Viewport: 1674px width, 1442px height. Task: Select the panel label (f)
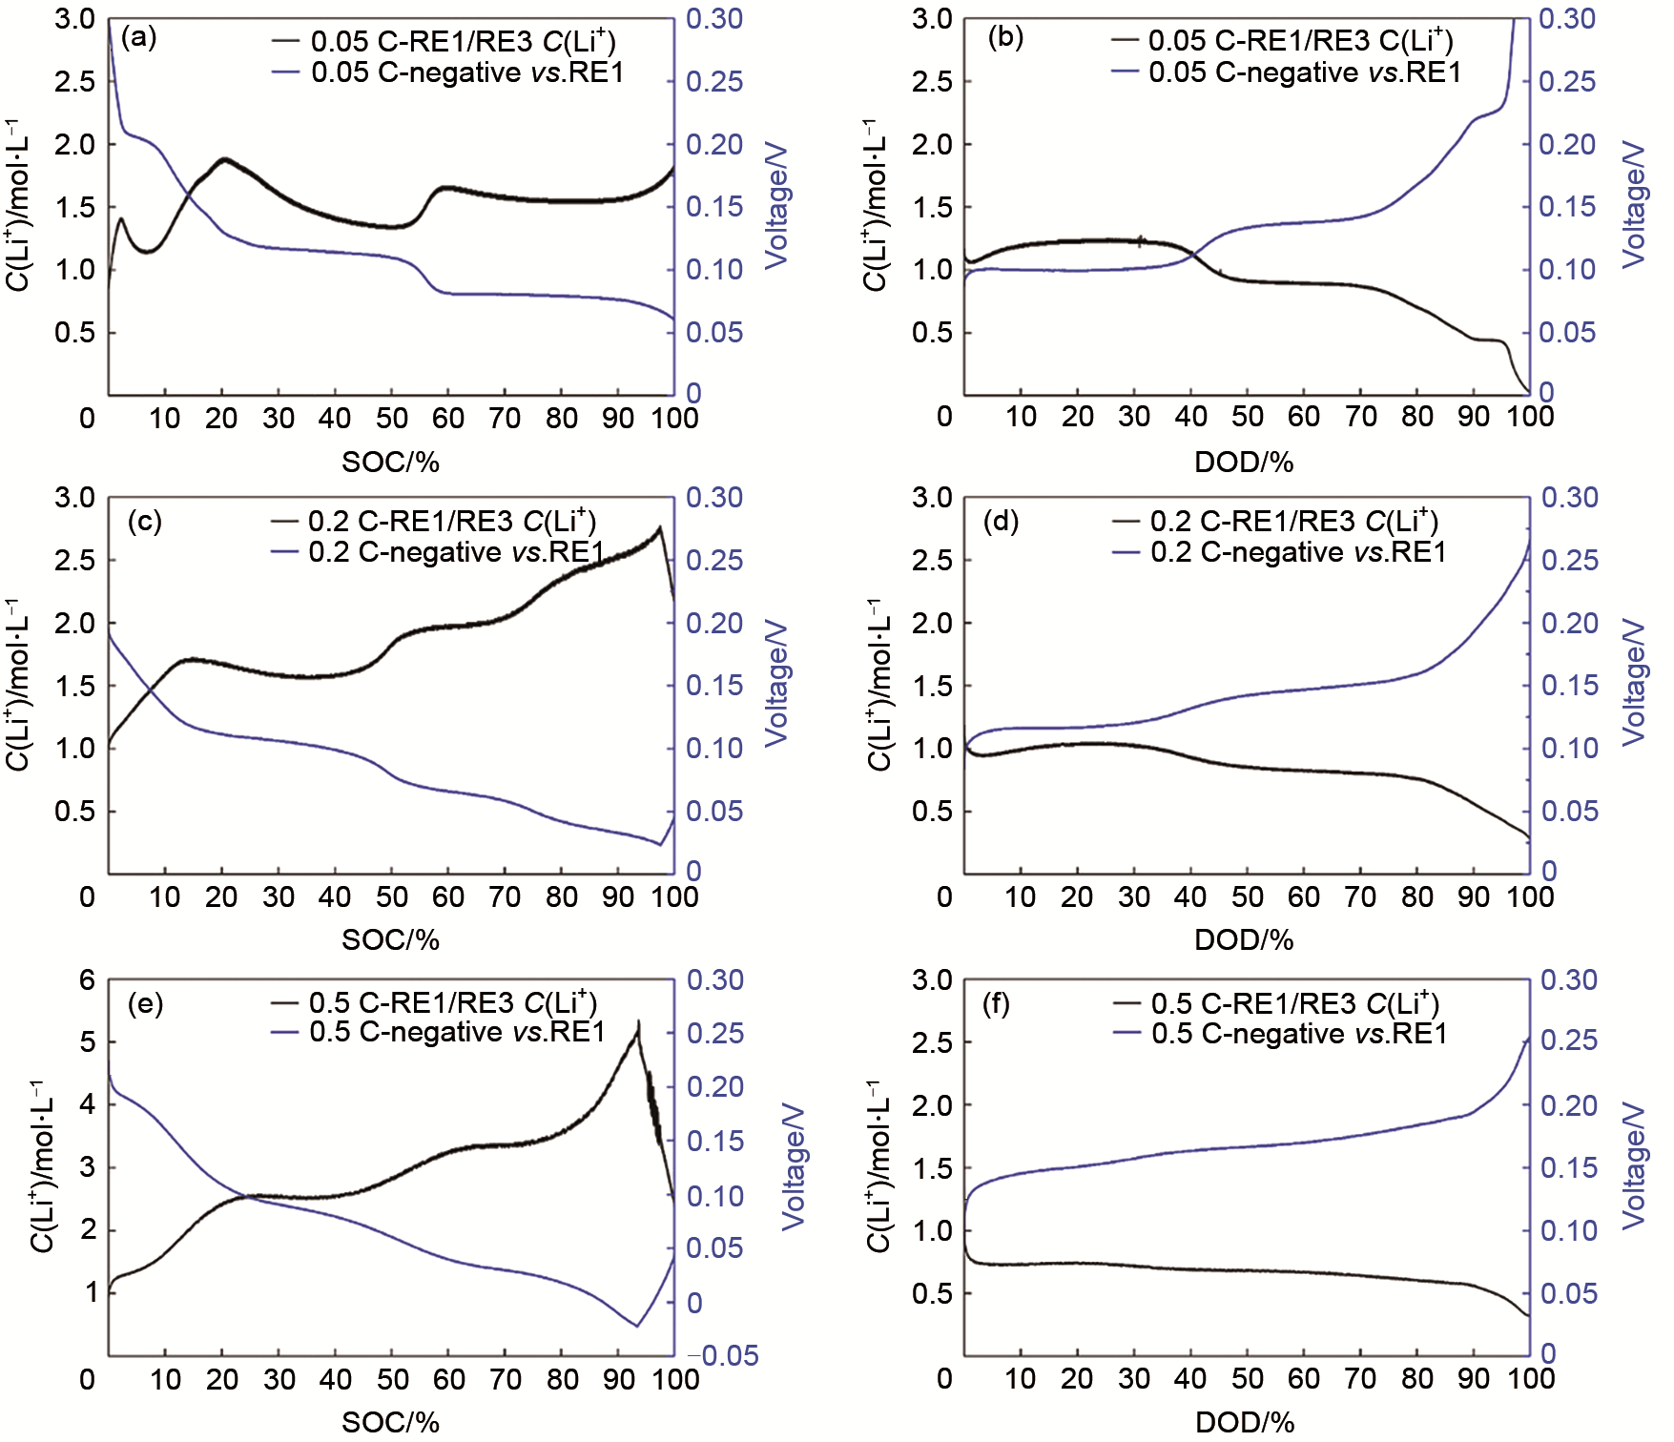pyautogui.click(x=996, y=1004)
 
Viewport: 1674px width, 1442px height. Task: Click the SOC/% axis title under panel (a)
pyautogui.click(x=390, y=463)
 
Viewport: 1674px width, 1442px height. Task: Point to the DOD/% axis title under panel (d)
pyautogui.click(x=1244, y=940)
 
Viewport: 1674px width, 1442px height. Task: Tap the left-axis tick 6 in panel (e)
pyautogui.click(x=88, y=980)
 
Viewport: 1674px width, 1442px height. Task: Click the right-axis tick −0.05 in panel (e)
pyautogui.click(x=723, y=1355)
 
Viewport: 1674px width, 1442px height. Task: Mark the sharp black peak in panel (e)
pyautogui.click(x=638, y=1023)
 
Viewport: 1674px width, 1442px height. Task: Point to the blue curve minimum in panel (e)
pyautogui.click(x=636, y=1325)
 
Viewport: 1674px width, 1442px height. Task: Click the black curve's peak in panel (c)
pyautogui.click(x=659, y=527)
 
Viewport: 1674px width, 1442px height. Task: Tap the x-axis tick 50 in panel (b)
pyautogui.click(x=1248, y=417)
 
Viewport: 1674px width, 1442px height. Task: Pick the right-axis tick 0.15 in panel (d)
pyautogui.click(x=1569, y=685)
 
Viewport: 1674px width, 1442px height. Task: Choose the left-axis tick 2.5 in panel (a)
pyautogui.click(x=75, y=82)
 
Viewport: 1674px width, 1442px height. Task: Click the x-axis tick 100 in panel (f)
pyautogui.click(x=1530, y=1378)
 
